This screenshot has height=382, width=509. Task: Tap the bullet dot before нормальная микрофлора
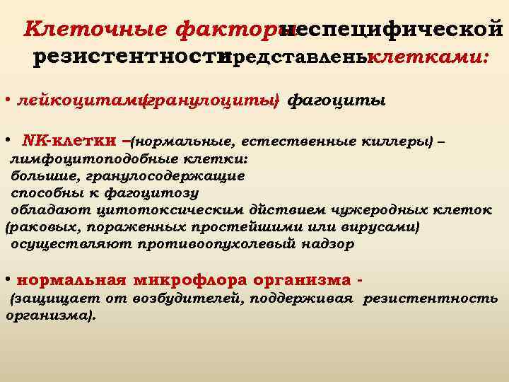point(6,277)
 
